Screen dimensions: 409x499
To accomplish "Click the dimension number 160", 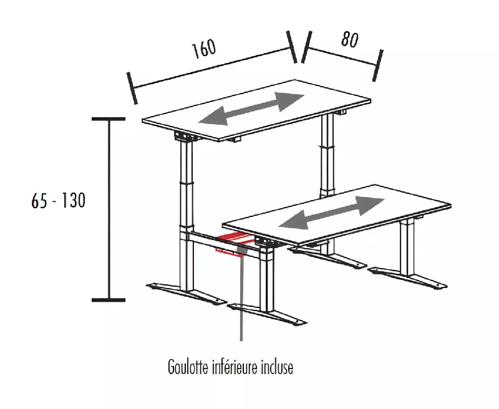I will click(203, 49).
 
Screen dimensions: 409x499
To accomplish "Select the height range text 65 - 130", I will click(58, 201).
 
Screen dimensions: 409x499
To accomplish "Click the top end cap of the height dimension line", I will click(109, 118).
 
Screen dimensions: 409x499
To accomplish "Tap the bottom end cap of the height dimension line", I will click(109, 300).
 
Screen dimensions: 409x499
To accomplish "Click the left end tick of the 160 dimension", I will click(131, 88).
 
